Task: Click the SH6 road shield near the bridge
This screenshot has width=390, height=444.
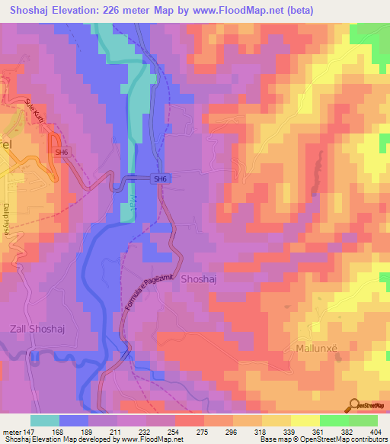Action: click(x=159, y=179)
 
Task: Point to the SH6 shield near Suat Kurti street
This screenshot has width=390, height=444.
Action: click(x=61, y=153)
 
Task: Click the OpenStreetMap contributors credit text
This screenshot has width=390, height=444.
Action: click(x=338, y=439)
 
